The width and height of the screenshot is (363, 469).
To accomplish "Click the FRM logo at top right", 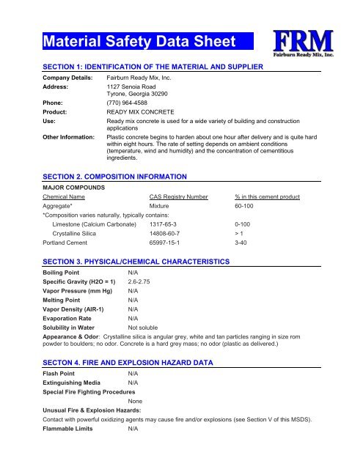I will click(x=304, y=42).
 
